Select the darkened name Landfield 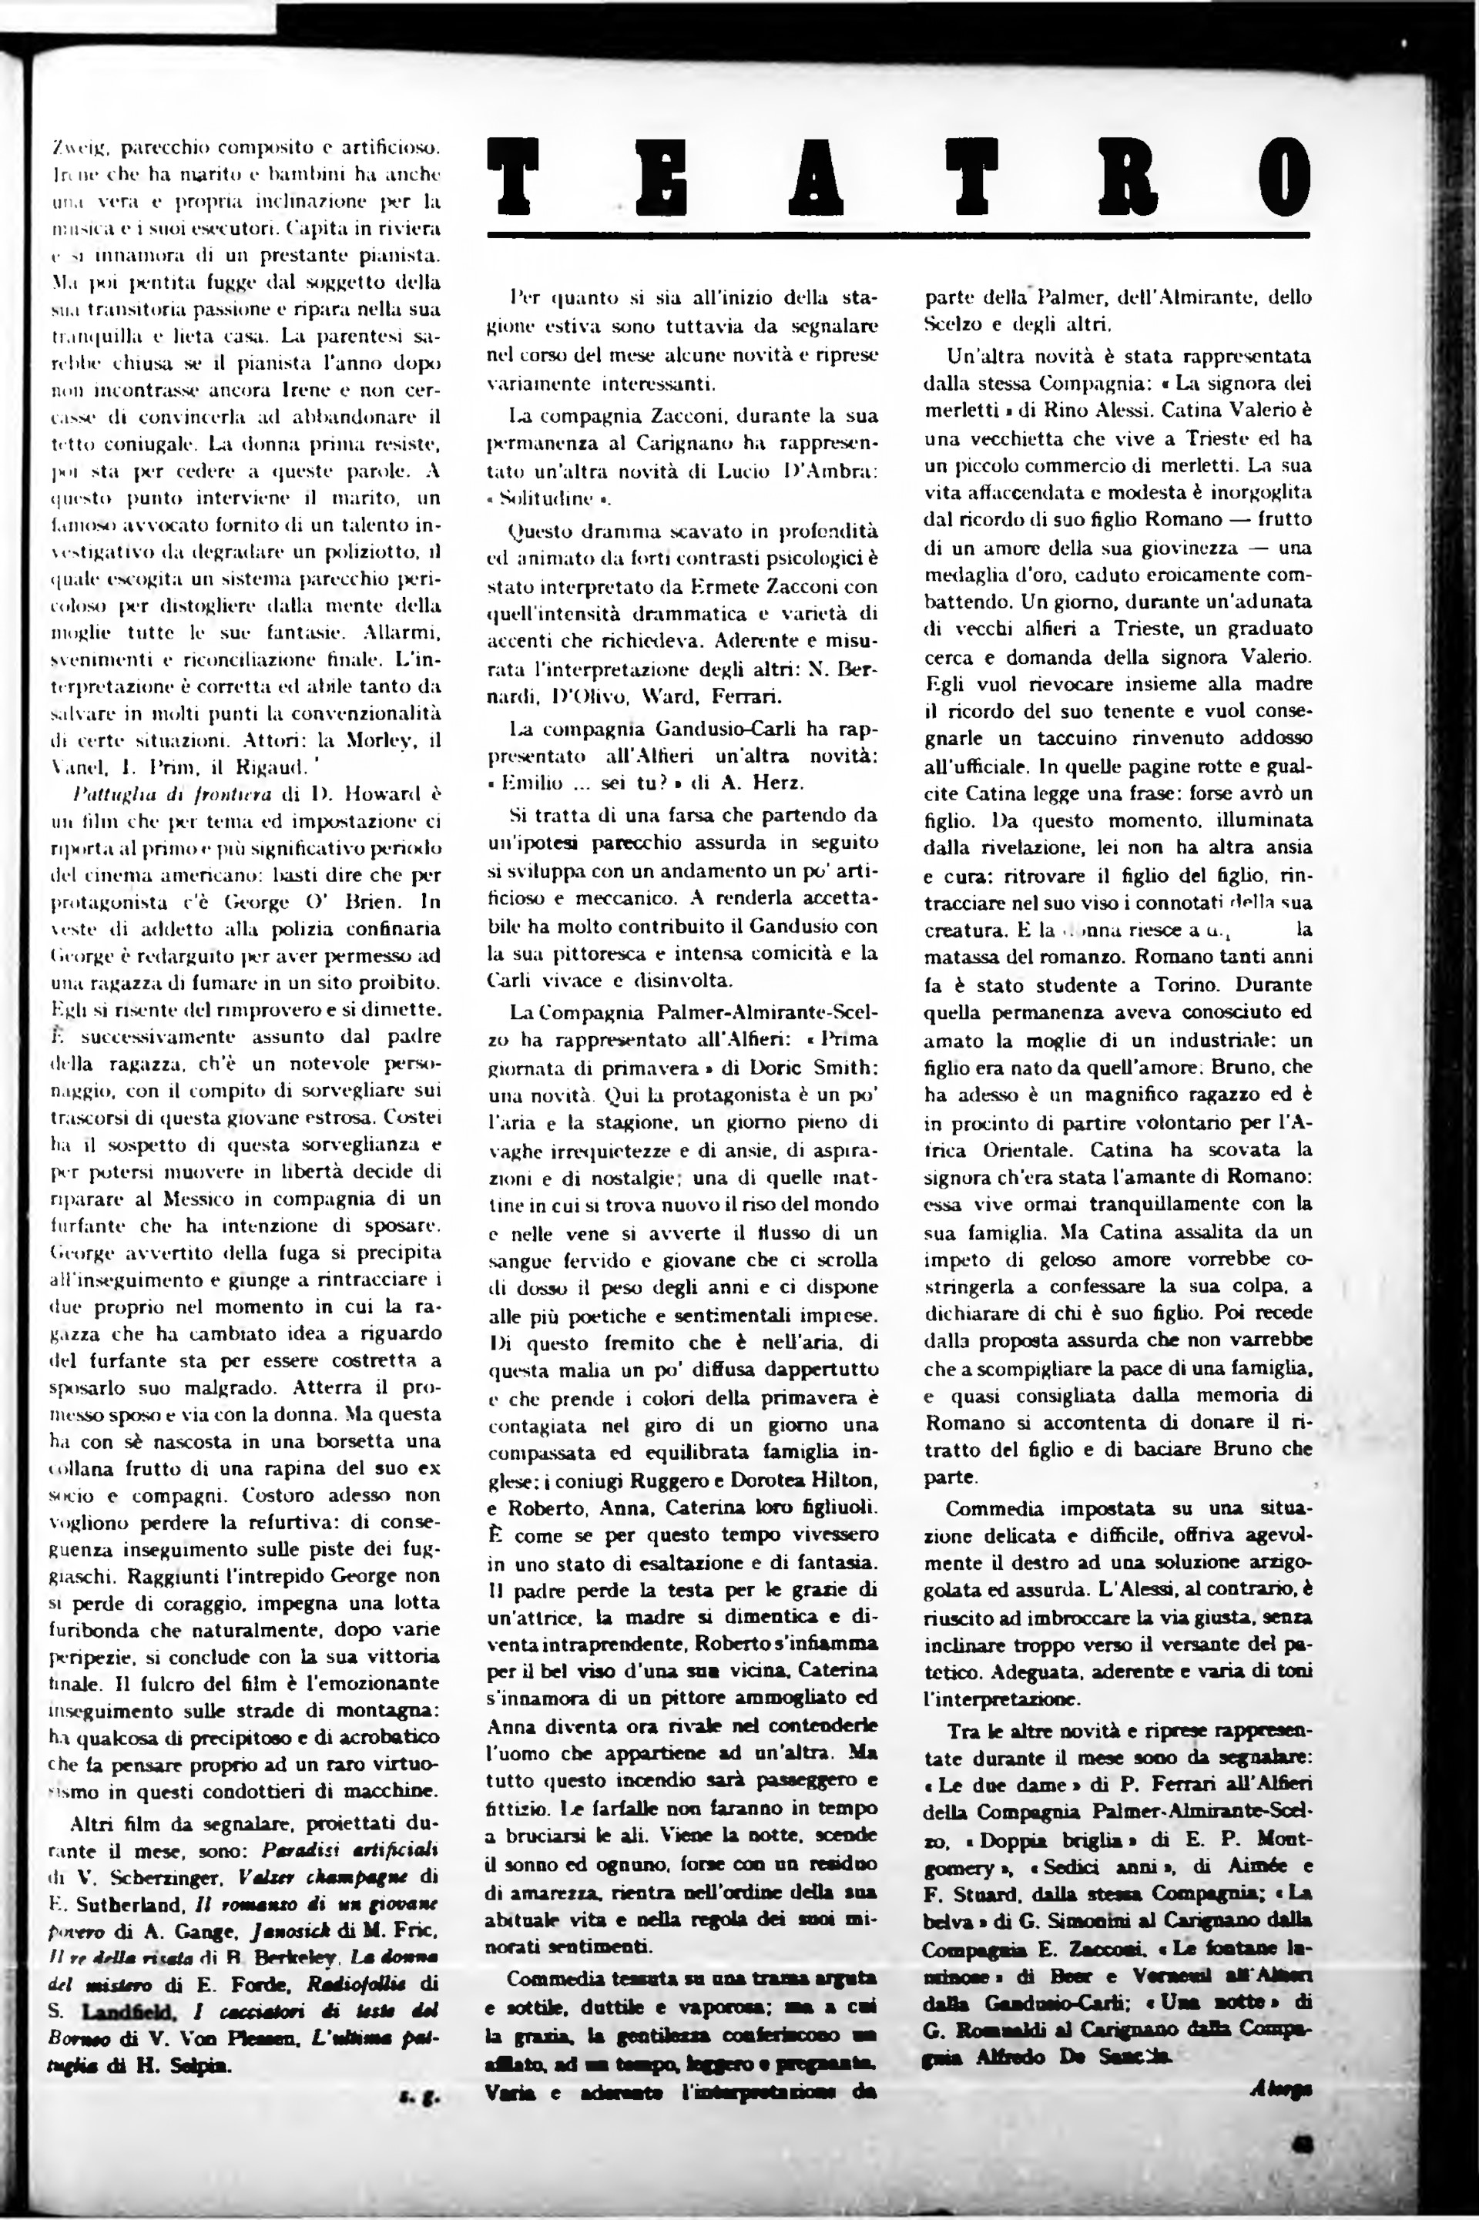[x=129, y=1984]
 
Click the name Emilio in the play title [x=536, y=783]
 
